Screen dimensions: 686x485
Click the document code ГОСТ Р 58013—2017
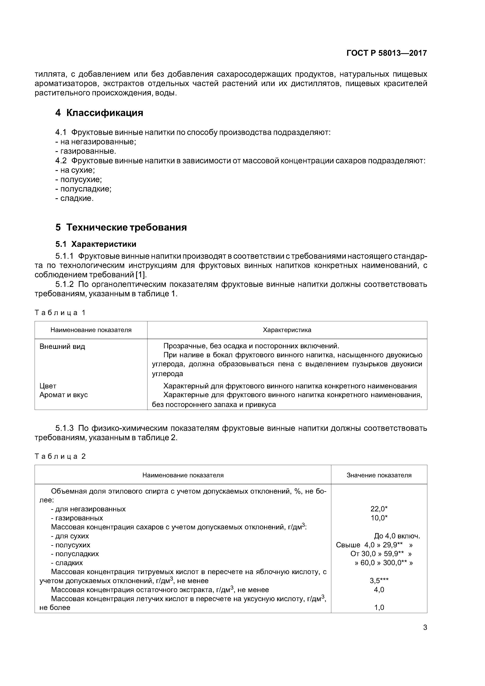[386, 53]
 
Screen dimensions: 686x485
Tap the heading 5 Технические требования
[121, 227]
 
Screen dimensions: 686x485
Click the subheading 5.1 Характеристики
[96, 244]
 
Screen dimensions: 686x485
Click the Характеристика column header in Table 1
[287, 330]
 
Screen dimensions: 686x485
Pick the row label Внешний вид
[62, 347]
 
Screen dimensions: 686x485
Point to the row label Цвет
[48, 386]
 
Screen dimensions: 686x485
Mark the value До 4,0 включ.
[397, 536]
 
